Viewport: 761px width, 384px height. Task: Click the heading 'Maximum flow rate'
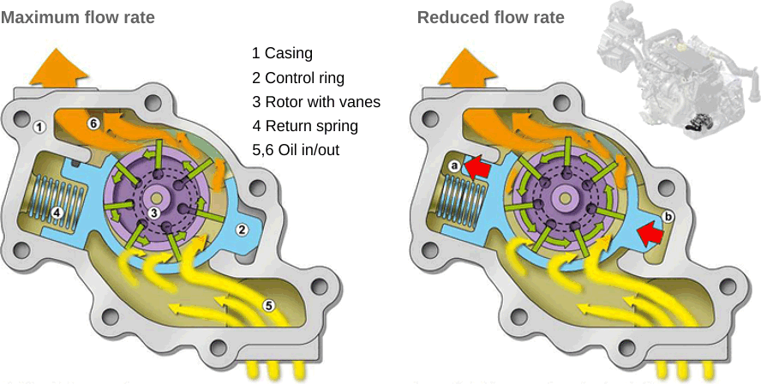[78, 17]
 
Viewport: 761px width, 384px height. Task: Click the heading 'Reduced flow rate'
[491, 17]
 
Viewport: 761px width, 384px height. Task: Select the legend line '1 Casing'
[282, 53]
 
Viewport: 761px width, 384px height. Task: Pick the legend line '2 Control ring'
[297, 78]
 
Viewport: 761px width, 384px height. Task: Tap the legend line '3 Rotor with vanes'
[315, 102]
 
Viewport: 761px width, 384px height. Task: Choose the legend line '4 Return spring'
[304, 126]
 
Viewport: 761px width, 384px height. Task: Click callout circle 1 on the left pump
[39, 127]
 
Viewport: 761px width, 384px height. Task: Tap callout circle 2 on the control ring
[242, 229]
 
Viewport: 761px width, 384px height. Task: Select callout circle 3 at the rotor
[153, 212]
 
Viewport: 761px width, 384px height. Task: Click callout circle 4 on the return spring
[56, 212]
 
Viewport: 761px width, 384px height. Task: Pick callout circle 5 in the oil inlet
[268, 303]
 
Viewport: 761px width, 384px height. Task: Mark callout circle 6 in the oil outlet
[94, 123]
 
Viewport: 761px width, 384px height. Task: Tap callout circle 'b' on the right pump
[669, 217]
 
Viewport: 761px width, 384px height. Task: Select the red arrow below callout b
[653, 232]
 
